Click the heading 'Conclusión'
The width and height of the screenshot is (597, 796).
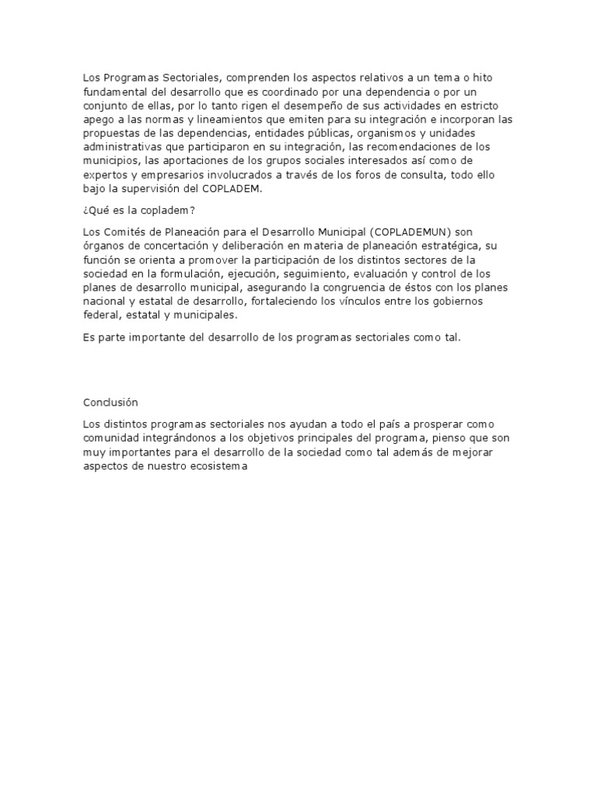pyautogui.click(x=110, y=402)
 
